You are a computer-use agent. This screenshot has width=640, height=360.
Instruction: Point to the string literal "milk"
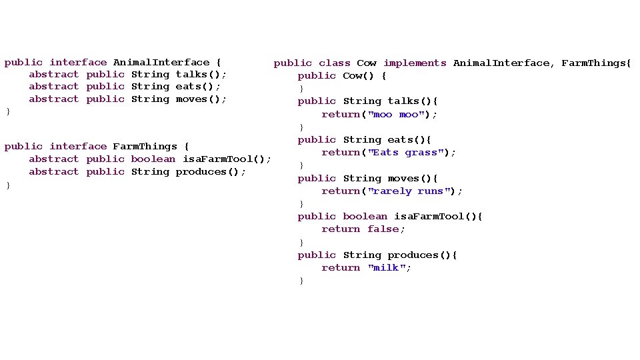pos(387,268)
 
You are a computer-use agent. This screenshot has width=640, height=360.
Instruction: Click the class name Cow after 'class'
pos(367,63)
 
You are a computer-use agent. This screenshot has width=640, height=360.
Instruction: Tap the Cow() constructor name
pos(358,76)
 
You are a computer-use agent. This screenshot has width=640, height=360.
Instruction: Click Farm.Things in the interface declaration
pos(145,147)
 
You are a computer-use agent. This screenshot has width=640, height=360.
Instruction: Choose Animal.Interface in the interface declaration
pos(161,63)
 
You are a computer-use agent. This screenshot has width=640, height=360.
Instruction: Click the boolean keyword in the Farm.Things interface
pos(153,159)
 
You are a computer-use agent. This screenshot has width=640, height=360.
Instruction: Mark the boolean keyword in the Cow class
pos(365,217)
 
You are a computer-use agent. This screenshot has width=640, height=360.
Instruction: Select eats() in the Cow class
pos(406,140)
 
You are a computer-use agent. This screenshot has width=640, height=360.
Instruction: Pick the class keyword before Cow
pos(335,63)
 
